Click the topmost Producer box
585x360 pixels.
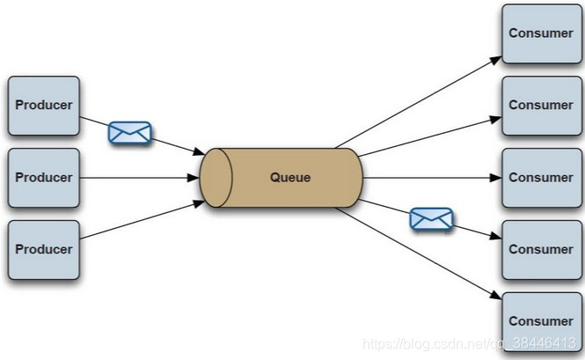point(43,106)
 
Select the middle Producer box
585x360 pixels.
point(43,178)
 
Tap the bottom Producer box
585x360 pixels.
point(43,250)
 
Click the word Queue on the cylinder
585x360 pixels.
point(290,178)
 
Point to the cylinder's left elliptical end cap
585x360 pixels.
point(215,178)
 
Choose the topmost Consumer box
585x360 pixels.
point(540,33)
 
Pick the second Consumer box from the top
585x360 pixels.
point(540,106)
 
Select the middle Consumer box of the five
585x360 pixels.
point(540,178)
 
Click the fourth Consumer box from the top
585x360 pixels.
point(540,250)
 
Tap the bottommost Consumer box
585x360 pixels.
point(540,321)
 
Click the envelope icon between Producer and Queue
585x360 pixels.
point(129,133)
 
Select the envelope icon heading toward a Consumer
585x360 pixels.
point(431,218)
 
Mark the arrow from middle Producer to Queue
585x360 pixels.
point(141,178)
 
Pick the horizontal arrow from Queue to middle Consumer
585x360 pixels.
point(431,178)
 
